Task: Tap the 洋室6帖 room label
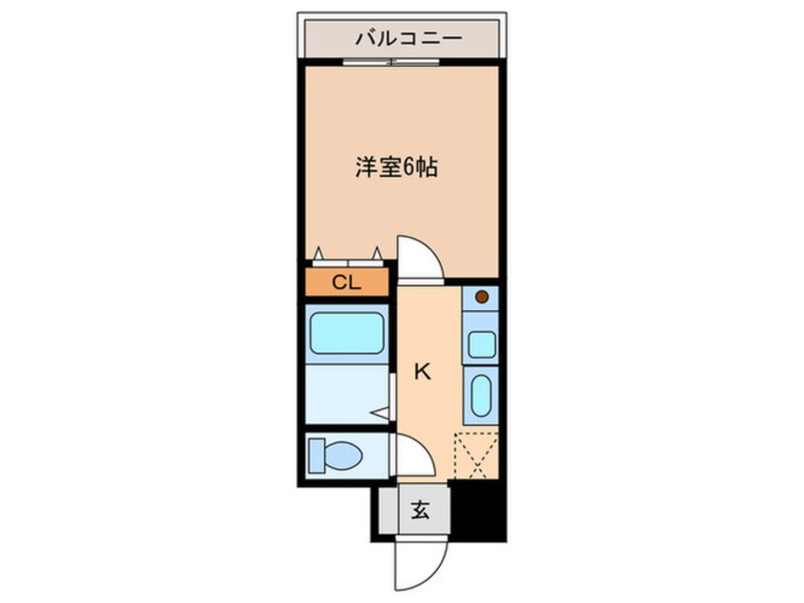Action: (396, 168)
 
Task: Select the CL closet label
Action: (346, 282)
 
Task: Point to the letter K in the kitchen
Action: (422, 372)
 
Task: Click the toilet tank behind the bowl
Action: (316, 456)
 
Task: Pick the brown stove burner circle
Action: (481, 297)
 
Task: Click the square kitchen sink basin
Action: (481, 343)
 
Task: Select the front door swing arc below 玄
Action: (421, 567)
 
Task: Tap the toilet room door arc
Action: (414, 455)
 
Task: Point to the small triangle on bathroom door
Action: (381, 413)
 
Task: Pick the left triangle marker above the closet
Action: (319, 252)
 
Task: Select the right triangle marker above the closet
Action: (377, 252)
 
